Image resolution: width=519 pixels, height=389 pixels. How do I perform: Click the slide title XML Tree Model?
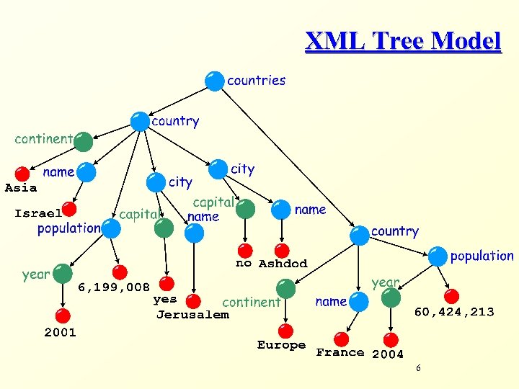[x=402, y=41]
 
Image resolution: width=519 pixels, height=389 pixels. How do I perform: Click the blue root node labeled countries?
[x=214, y=81]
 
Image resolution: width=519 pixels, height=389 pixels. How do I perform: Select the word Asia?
[x=21, y=188]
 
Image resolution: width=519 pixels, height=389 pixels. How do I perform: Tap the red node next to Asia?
[x=23, y=174]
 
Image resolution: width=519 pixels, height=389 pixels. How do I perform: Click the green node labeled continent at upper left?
[x=84, y=141]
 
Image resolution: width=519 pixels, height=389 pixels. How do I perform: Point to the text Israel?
[x=37, y=213]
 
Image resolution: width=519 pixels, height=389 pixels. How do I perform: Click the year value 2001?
[x=60, y=333]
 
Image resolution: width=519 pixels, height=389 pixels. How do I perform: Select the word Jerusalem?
[x=192, y=315]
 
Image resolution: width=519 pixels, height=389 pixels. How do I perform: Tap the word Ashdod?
[x=283, y=264]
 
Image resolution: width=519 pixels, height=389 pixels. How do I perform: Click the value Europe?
[x=281, y=346]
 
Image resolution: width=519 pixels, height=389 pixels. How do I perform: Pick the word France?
[x=340, y=353]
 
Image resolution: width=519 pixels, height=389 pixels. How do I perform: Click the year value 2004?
[x=388, y=354]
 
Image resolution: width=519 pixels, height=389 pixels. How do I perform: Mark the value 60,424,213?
[x=453, y=312]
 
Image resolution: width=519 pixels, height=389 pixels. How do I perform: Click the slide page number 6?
[x=418, y=369]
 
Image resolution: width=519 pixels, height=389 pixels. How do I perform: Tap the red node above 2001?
[x=63, y=316]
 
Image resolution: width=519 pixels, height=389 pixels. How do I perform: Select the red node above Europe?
[x=286, y=331]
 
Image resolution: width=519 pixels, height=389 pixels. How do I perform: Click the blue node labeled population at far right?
[x=437, y=256]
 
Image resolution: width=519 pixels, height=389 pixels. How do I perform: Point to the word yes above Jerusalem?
[x=165, y=298]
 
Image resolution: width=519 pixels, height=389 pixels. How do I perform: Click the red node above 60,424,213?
[x=451, y=296]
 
